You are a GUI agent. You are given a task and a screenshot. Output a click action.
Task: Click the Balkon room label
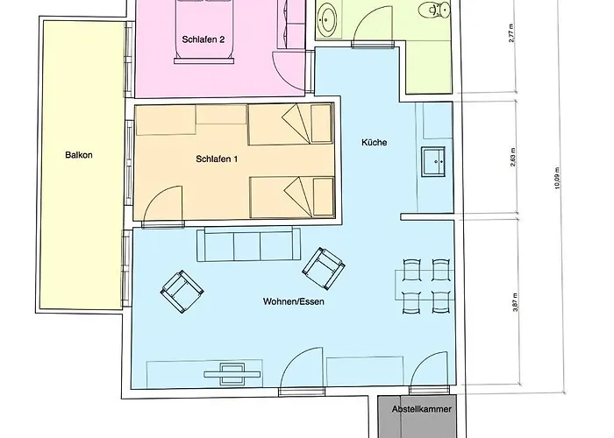79,155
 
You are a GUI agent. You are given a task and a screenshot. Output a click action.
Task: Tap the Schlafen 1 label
217,159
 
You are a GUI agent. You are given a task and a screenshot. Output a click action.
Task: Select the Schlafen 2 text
203,39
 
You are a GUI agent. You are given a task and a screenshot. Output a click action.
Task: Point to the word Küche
375,142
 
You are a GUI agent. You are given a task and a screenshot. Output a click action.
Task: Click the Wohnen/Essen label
294,301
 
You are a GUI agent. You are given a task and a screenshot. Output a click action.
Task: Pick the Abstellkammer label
421,409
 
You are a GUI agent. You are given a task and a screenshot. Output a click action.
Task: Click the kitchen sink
433,161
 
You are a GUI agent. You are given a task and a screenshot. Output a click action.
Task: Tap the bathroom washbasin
326,19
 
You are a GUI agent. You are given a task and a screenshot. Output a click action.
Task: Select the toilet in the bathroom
434,10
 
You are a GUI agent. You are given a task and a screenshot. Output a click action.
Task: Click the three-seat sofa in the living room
248,244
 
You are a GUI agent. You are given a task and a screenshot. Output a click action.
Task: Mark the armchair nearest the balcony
182,292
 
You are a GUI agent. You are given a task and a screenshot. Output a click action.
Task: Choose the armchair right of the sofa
324,269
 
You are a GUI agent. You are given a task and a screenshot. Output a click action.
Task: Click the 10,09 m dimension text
557,179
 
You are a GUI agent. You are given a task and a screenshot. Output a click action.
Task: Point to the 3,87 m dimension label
516,302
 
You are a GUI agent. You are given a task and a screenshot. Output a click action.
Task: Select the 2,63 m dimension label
513,157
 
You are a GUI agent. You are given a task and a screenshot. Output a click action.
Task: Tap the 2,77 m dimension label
511,33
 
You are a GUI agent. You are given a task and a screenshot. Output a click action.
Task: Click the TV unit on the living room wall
232,374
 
